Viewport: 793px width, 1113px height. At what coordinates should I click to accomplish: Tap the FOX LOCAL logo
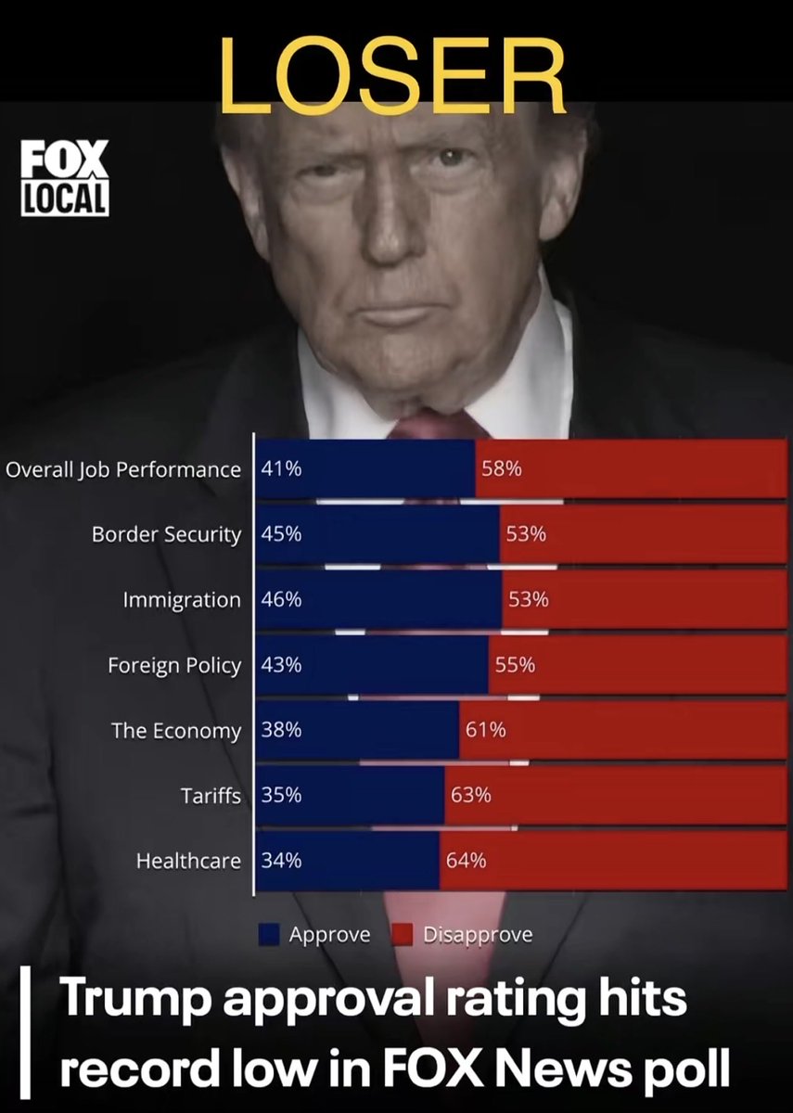click(65, 177)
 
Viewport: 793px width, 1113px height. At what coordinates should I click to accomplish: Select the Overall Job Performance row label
click(123, 469)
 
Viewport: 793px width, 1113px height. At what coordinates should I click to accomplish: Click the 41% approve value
click(281, 469)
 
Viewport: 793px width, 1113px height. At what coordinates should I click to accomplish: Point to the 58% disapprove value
click(501, 469)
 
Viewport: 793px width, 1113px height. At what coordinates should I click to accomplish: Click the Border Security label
click(166, 534)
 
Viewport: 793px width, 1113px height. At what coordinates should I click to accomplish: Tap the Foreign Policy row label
click(174, 665)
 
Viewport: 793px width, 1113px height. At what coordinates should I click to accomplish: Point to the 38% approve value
click(281, 730)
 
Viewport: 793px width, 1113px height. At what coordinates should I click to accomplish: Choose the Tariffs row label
click(211, 795)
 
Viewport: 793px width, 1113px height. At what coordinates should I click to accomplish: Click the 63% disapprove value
click(471, 795)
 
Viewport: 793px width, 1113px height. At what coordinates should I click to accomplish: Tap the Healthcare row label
click(188, 861)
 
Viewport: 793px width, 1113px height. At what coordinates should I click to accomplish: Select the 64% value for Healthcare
click(466, 861)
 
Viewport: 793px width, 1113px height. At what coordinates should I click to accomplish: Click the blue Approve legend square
click(269, 935)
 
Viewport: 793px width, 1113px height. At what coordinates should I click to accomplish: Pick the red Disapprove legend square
click(403, 935)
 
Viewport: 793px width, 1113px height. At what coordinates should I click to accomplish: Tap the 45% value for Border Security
click(281, 534)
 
